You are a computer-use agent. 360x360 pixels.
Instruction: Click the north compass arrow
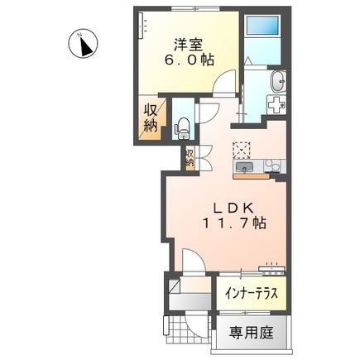pyautogui.click(x=84, y=46)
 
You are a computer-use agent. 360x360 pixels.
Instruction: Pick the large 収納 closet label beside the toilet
pyautogui.click(x=150, y=119)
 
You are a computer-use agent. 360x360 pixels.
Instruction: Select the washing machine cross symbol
pyautogui.click(x=276, y=105)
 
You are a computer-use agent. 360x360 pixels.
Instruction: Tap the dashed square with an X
pyautogui.click(x=241, y=150)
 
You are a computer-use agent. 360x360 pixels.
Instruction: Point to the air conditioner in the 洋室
pyautogui.click(x=144, y=26)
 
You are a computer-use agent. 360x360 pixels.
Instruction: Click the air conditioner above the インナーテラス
pyautogui.click(x=272, y=268)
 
